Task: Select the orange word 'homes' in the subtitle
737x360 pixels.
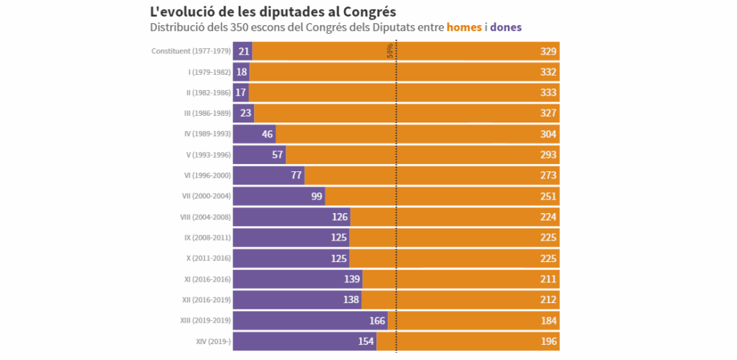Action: [464, 27]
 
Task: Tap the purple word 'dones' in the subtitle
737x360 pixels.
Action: [506, 27]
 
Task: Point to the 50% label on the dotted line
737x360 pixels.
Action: [390, 51]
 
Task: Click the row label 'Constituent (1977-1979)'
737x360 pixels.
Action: [191, 51]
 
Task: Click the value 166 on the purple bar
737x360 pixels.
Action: [377, 320]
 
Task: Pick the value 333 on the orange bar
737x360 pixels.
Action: [548, 93]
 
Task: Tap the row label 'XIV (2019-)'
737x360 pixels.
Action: [213, 341]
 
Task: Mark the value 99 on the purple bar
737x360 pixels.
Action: [317, 197]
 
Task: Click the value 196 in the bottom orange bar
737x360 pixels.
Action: [548, 341]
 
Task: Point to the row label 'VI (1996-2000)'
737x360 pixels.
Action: [207, 176]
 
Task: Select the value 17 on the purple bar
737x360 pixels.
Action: [241, 93]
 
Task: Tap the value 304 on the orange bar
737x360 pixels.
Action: [548, 134]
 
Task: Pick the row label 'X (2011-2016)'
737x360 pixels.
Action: [209, 258]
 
